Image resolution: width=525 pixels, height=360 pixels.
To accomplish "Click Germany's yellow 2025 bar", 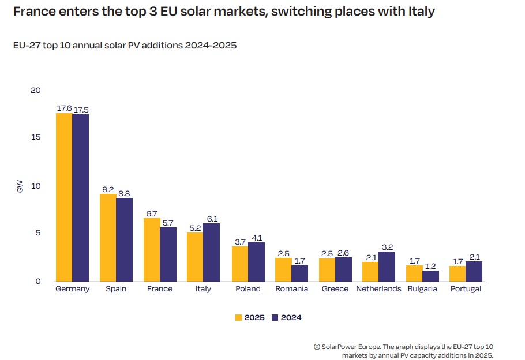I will point(64,197).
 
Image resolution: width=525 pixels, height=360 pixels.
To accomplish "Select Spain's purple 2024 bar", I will point(124,239).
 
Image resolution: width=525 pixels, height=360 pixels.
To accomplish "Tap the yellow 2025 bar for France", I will point(152,250).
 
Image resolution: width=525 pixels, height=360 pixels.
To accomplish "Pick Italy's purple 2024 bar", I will point(211,252).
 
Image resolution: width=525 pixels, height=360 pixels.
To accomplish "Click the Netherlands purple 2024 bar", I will point(387,267).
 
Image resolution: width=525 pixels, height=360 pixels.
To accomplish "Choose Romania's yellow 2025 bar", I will point(283,269).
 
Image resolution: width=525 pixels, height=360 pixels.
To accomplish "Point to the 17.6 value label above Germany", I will point(64,108).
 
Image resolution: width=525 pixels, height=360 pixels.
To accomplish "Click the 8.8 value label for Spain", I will point(125,193).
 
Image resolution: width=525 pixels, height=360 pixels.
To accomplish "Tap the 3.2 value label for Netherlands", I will point(387,246).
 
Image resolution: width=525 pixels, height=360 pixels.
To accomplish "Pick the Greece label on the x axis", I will point(335,289).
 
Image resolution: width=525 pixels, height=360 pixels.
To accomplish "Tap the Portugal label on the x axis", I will point(466,289).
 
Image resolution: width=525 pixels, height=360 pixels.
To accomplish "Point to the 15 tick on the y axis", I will point(36,137).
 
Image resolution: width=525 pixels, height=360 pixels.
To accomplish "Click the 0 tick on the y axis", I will point(38,282).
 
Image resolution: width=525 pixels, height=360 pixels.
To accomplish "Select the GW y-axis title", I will point(20,186).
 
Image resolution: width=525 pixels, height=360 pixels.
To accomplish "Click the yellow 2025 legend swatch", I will point(239,317).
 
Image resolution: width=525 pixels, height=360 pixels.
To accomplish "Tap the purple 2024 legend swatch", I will point(275,317).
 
